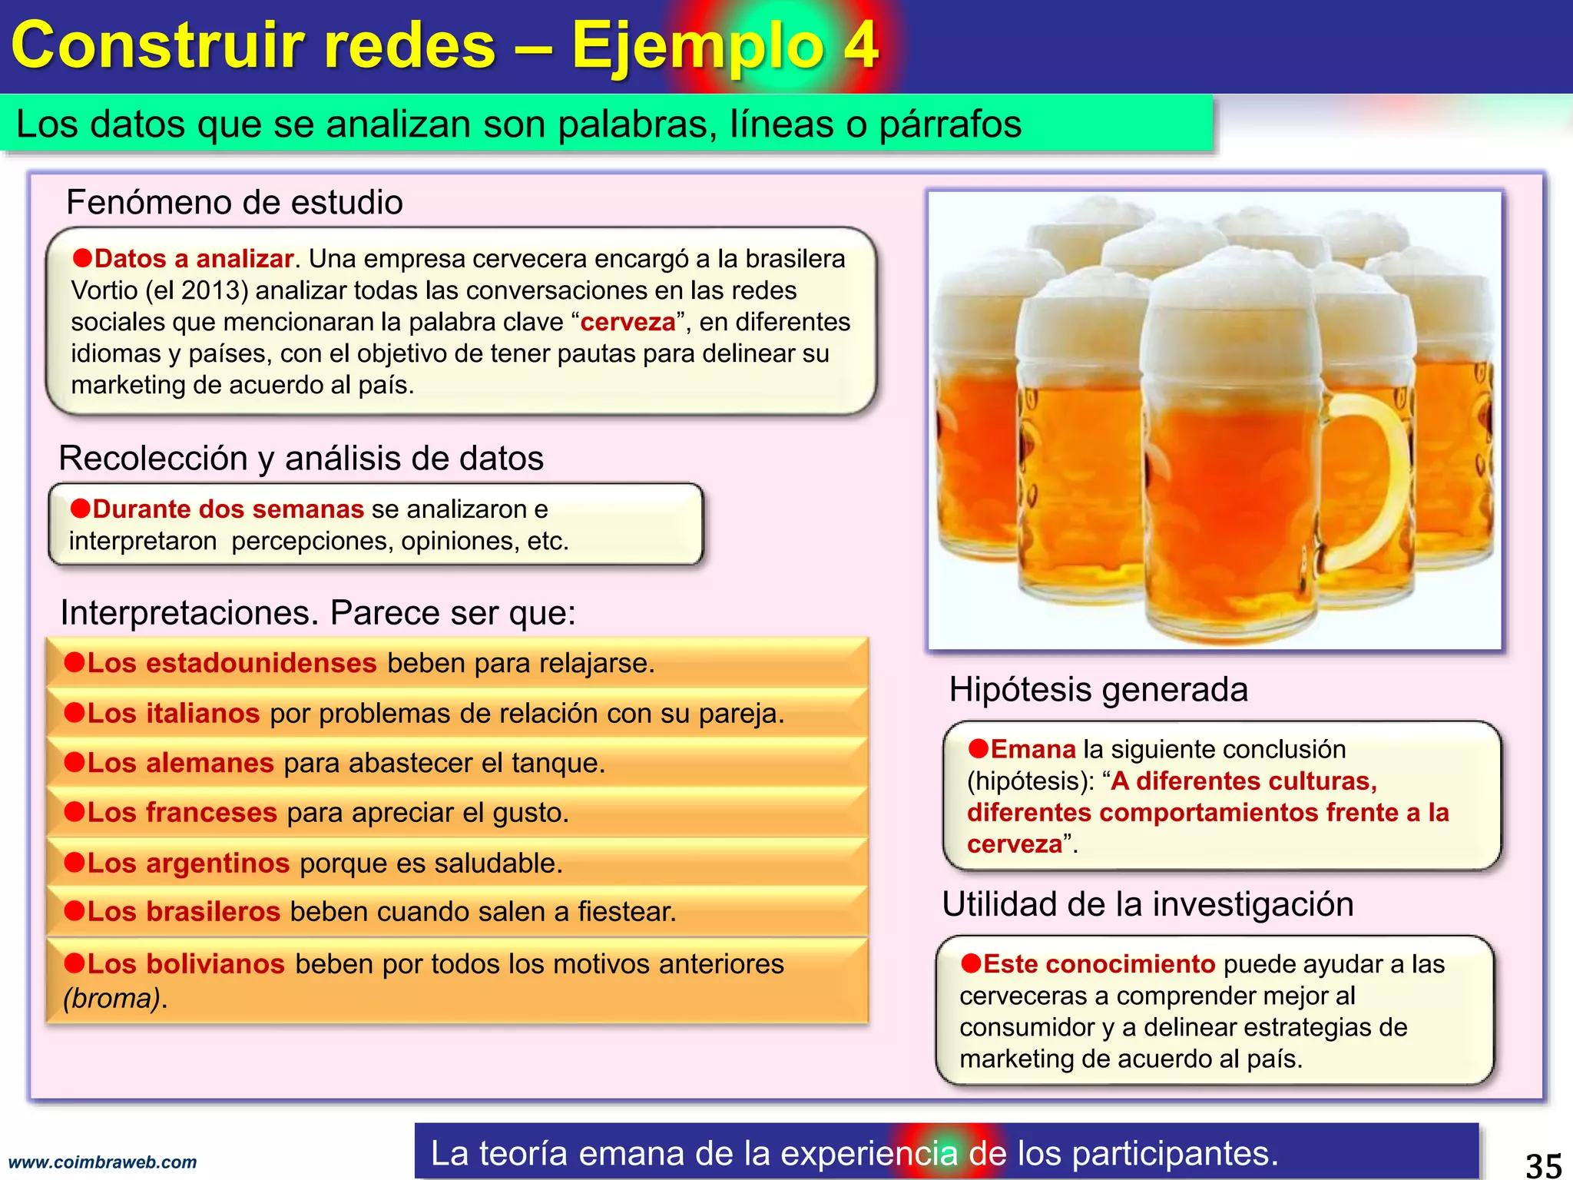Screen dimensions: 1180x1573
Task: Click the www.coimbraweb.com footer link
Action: coord(102,1162)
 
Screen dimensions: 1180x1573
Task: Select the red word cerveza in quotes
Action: coord(628,322)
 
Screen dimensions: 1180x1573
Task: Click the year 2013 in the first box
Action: coord(214,290)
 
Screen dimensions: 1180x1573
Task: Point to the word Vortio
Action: coord(104,290)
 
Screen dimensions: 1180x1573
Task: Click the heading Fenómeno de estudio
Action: coord(234,202)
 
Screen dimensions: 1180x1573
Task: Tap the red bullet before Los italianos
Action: coord(74,712)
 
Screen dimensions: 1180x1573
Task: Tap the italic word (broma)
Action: coord(114,999)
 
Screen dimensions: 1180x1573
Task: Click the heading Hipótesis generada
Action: coord(1098,689)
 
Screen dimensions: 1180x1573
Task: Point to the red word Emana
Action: coord(1033,749)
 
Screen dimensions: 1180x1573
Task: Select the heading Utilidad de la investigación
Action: coord(1147,904)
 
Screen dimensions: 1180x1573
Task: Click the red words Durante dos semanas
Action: coord(228,509)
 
